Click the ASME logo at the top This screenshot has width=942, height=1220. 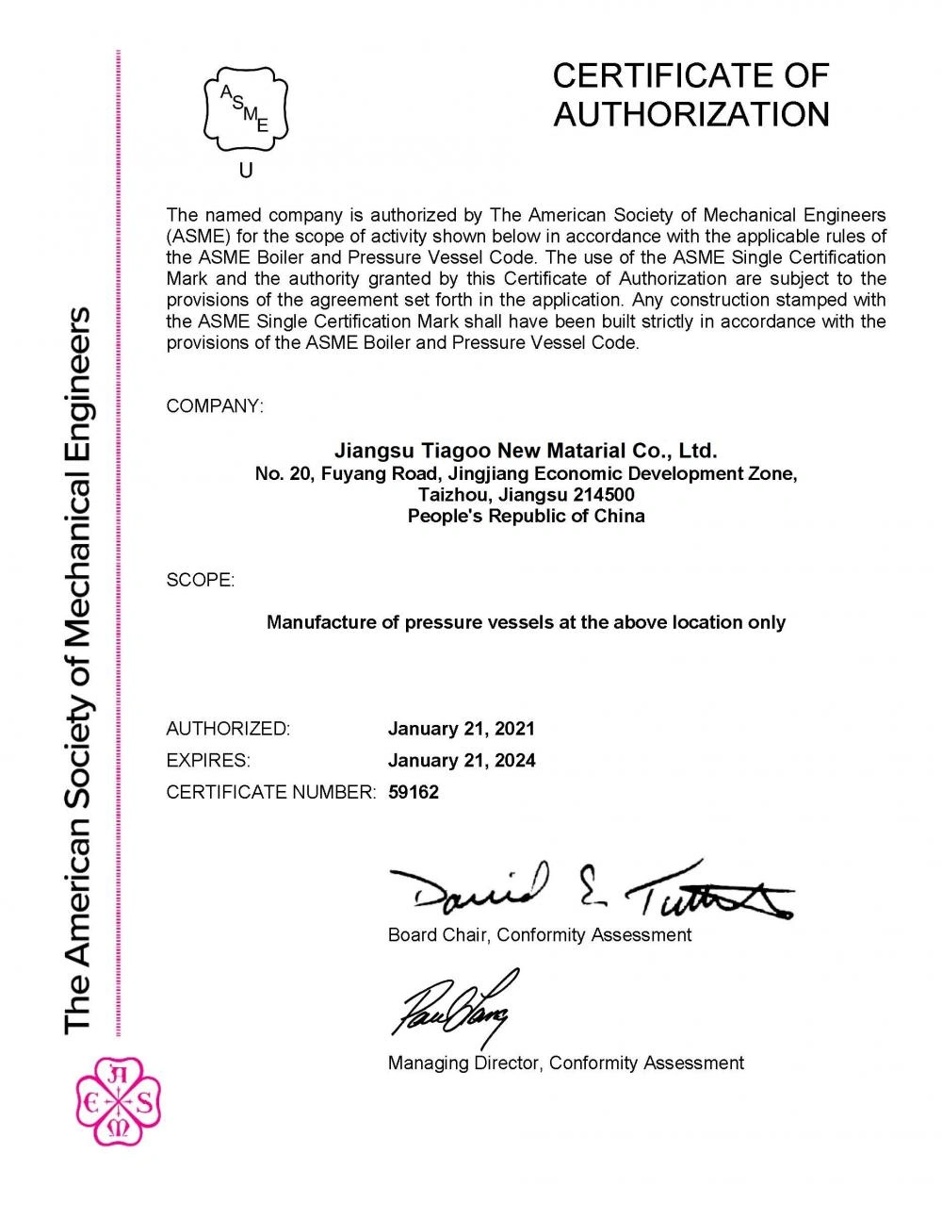point(246,108)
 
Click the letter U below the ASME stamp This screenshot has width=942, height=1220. point(246,171)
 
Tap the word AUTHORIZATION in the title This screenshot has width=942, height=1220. point(691,115)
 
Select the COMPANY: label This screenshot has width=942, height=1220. point(215,406)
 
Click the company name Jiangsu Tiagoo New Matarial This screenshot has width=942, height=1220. point(526,451)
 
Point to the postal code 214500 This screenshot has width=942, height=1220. point(603,495)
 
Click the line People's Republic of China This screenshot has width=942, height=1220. point(526,516)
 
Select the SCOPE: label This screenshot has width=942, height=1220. point(201,580)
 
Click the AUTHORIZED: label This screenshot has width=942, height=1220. point(228,729)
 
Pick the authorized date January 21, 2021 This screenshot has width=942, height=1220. point(462,729)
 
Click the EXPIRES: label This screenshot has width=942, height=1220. point(208,760)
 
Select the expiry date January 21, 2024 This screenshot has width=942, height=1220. point(462,760)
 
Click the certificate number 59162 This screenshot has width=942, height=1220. point(414,792)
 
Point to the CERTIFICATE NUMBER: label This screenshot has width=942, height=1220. point(271,792)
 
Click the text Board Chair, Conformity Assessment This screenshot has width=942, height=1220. point(540,935)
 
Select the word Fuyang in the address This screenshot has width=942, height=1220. point(350,473)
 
